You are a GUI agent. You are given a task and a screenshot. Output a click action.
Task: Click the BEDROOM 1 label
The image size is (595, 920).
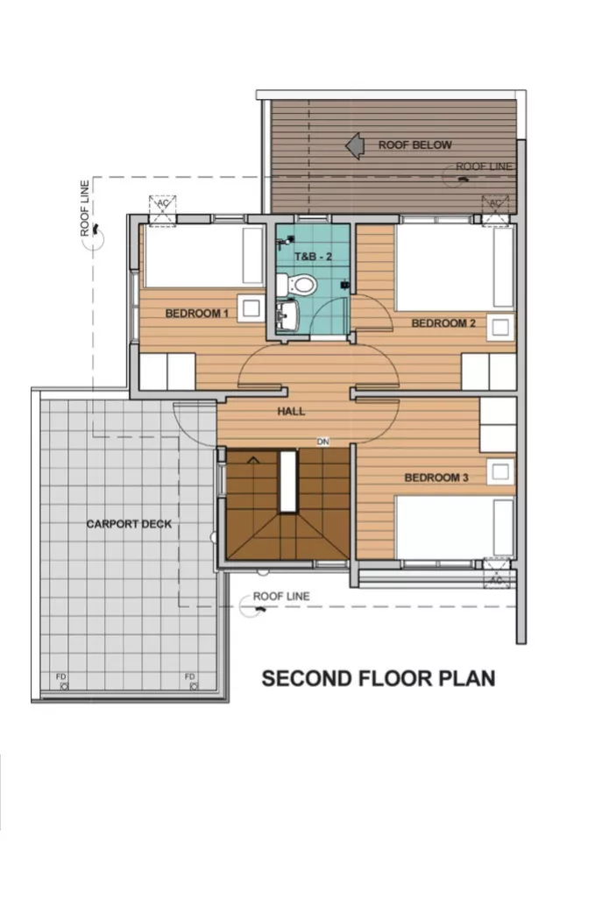pos(196,313)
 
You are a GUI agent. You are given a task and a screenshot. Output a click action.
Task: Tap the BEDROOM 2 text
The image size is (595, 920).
pos(443,323)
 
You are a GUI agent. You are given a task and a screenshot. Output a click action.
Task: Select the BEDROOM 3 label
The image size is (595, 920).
pos(436,478)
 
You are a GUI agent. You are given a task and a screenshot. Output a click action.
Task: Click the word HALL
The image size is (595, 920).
pos(291,411)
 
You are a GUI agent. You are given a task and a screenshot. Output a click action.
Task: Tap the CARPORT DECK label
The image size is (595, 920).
pos(129,524)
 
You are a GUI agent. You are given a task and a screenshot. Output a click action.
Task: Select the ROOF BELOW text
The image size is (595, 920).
pos(414,145)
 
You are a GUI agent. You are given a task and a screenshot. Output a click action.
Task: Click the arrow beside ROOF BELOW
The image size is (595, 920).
pos(355,145)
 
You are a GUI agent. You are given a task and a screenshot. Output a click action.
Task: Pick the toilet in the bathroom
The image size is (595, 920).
pos(300,285)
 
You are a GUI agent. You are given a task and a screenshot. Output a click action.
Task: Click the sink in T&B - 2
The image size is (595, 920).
pos(286,315)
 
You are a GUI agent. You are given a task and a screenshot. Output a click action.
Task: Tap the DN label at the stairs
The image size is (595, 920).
pos(322,442)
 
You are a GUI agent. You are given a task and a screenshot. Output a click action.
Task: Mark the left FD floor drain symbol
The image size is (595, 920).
pos(62,682)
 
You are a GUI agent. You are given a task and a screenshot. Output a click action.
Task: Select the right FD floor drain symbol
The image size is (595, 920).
pos(189,682)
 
